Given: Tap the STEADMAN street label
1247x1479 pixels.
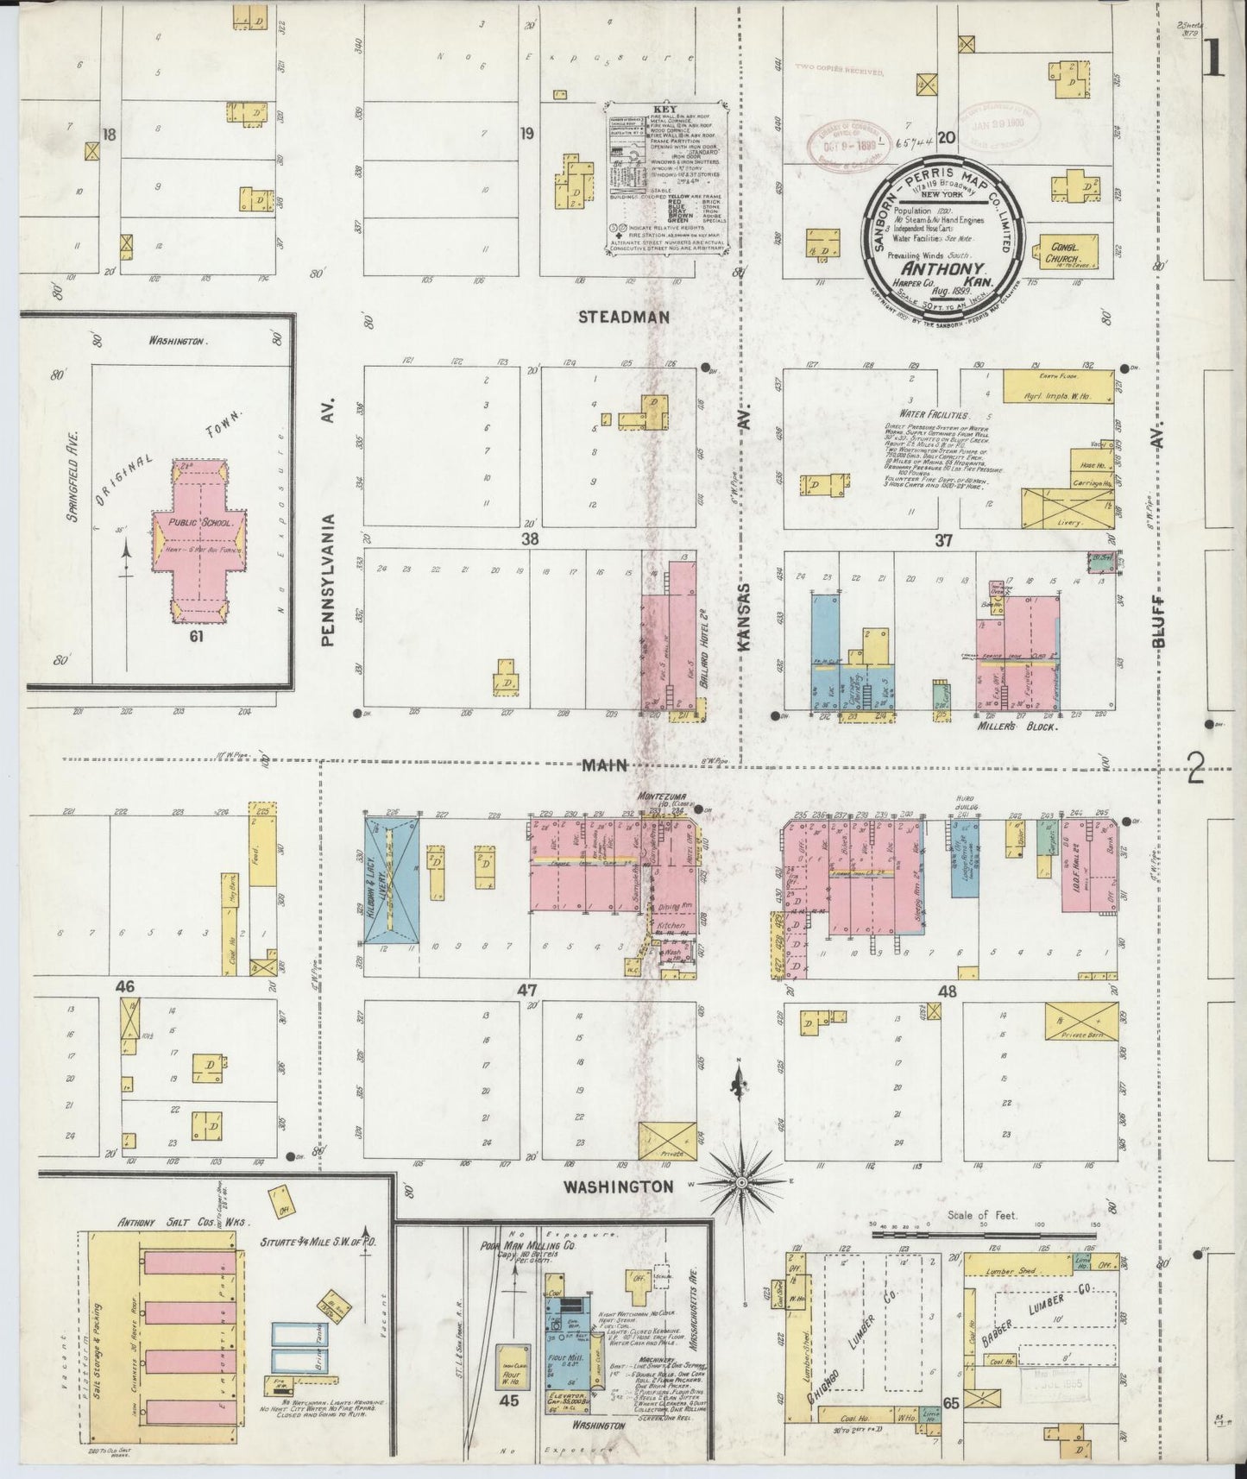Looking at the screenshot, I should click(x=623, y=318).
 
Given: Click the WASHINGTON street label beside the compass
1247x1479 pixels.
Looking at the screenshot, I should click(x=618, y=1187).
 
